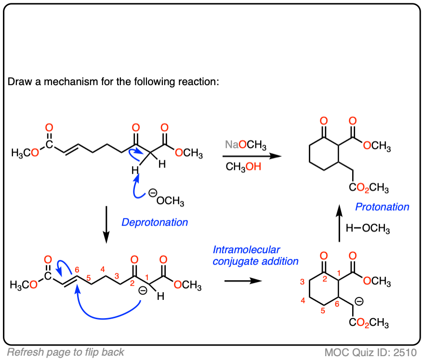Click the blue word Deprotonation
tap(155, 222)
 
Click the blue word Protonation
tap(382, 207)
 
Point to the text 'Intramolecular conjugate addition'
tap(255, 256)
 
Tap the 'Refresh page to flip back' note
tap(66, 352)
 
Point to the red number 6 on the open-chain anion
tap(77, 269)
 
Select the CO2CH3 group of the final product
tap(370, 188)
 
